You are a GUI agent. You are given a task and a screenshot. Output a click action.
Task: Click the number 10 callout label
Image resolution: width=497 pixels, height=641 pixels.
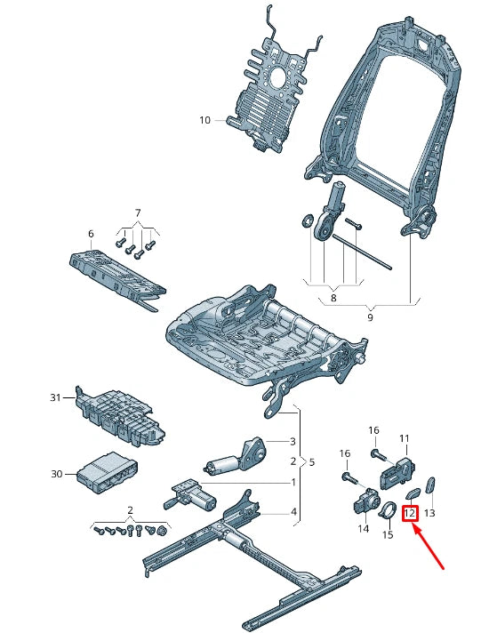click(204, 120)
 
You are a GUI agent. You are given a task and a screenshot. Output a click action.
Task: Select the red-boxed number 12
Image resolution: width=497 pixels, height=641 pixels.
click(410, 513)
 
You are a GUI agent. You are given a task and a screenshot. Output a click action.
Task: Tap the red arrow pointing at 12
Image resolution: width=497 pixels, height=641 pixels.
click(429, 547)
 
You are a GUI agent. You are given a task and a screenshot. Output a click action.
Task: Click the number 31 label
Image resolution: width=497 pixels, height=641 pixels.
click(55, 397)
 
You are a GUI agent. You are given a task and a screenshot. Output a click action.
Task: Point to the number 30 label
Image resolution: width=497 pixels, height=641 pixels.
click(56, 474)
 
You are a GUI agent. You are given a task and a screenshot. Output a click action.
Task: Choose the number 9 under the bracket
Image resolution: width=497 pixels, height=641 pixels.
click(370, 317)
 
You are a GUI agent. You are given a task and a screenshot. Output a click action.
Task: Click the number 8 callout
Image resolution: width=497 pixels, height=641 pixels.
click(333, 298)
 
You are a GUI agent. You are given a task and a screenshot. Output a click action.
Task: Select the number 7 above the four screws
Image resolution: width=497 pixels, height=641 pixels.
click(138, 213)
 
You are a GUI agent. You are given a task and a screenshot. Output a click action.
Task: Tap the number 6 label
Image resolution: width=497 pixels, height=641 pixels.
click(91, 234)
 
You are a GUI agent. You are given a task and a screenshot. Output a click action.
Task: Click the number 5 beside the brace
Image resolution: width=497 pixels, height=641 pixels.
click(312, 462)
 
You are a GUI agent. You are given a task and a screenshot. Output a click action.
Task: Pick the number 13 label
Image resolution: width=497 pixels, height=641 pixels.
click(429, 513)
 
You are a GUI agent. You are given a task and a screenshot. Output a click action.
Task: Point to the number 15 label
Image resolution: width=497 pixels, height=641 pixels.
click(388, 534)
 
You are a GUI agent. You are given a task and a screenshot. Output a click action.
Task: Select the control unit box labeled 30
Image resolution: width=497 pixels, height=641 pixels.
click(107, 473)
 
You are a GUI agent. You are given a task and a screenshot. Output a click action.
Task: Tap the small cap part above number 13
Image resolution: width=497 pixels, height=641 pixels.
click(431, 485)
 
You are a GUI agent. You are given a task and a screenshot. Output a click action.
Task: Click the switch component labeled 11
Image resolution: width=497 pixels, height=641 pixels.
click(398, 473)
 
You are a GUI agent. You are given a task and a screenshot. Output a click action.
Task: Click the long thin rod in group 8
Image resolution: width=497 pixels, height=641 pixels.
click(362, 252)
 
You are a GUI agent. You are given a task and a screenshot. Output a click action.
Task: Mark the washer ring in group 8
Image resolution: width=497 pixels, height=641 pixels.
click(306, 220)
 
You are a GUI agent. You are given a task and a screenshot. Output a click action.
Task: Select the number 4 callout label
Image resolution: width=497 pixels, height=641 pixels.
click(293, 511)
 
